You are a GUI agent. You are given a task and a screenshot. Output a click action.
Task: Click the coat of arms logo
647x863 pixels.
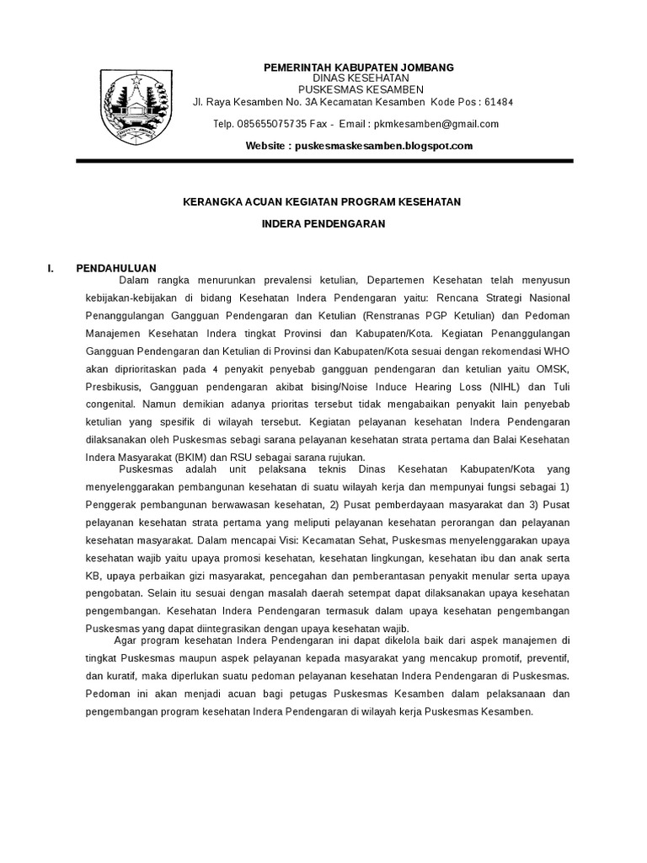[136, 107]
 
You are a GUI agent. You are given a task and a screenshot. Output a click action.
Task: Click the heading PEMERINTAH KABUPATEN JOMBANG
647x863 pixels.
[359, 67]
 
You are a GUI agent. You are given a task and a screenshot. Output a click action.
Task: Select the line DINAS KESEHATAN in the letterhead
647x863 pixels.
[359, 78]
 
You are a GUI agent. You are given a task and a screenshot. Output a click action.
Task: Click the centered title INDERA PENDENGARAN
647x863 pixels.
[323, 224]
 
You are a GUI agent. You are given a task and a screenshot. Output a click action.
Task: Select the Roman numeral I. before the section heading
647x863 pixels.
[51, 268]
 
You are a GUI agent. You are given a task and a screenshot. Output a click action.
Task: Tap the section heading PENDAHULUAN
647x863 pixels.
[116, 268]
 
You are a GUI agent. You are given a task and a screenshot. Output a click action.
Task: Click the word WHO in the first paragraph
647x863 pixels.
[558, 350]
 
